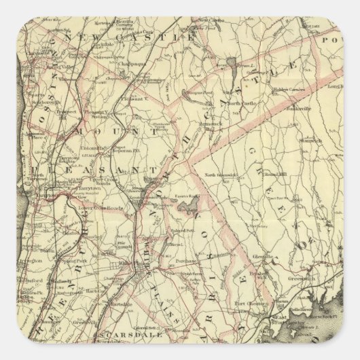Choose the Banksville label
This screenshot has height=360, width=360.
tap(298, 109)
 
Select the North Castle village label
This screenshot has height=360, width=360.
tap(243, 102)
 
